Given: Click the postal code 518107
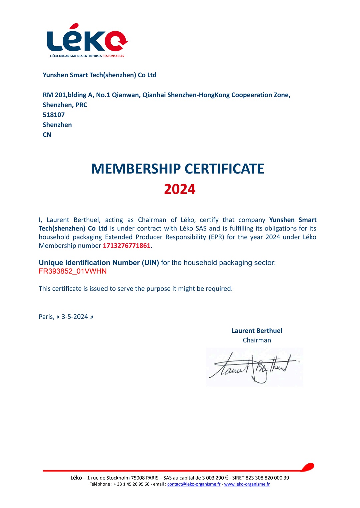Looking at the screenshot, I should click(54, 115).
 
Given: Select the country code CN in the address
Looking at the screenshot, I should click(47, 135).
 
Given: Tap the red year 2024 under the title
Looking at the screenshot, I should click(180, 189).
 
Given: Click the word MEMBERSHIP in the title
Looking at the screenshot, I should click(136, 169).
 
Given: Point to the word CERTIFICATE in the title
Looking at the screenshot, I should click(224, 169).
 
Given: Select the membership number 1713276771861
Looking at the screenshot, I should click(127, 246).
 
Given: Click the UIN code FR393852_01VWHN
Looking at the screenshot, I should click(73, 271).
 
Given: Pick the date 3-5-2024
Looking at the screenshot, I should click(75, 317).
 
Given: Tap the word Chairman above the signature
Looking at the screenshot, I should click(257, 340).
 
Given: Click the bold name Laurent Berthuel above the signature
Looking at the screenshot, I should click(257, 331).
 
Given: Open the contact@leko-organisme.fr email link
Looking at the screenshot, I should click(194, 484).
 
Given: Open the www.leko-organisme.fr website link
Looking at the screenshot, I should click(247, 484).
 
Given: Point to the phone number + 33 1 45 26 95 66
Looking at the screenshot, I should click(131, 484).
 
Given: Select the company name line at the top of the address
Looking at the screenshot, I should click(99, 75).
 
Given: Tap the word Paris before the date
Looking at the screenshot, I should click(46, 317).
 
